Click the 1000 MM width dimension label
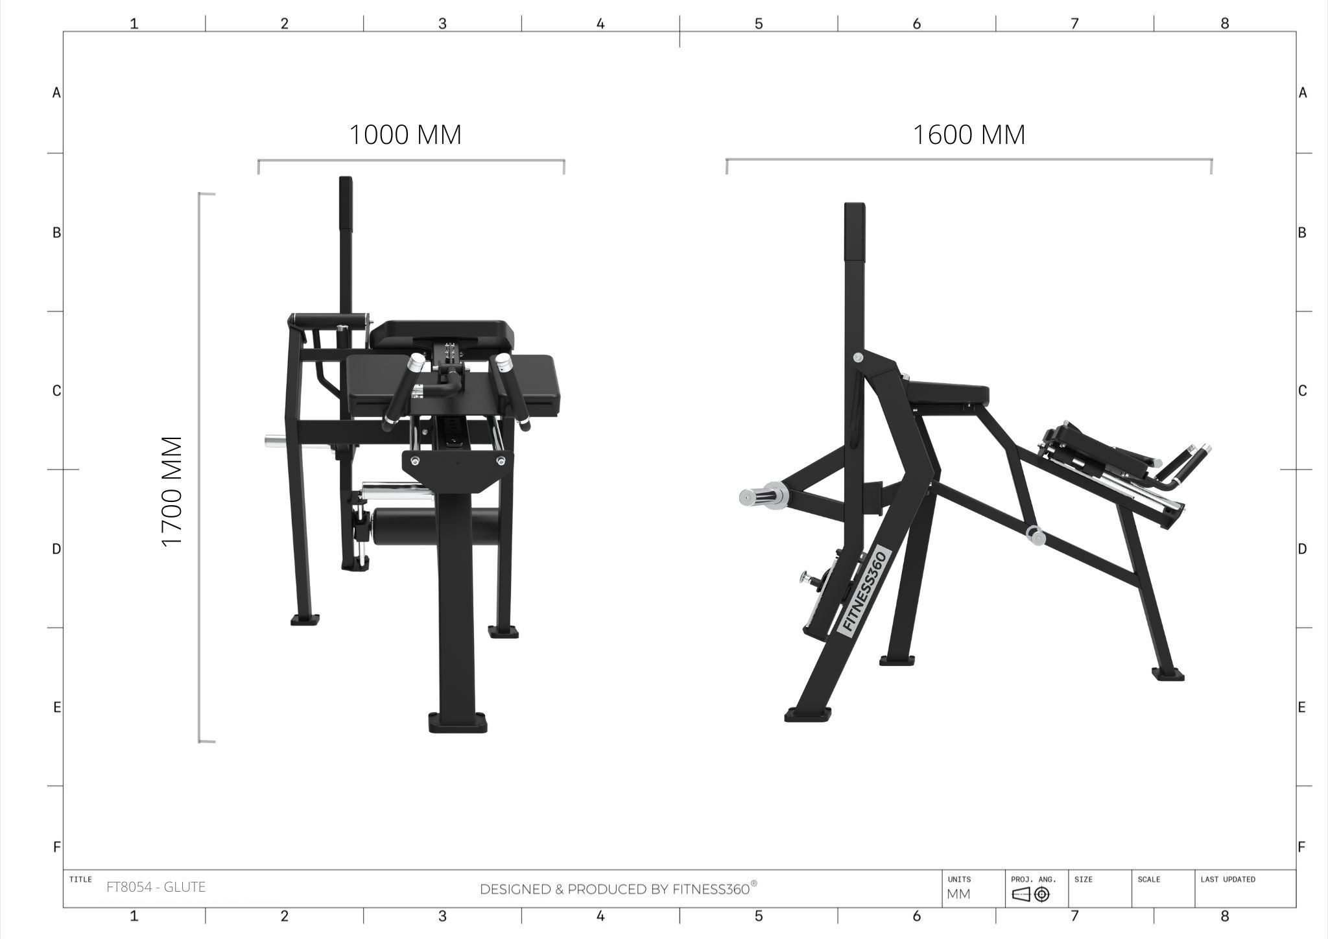tap(405, 135)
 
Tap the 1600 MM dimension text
tap(969, 135)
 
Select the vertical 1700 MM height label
tap(172, 492)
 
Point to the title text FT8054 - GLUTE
tap(156, 887)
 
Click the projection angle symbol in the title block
tap(1030, 895)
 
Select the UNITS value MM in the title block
tap(958, 894)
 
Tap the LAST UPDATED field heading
tap(1227, 879)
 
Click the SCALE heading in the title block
tap(1149, 879)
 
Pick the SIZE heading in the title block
tap(1084, 879)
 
